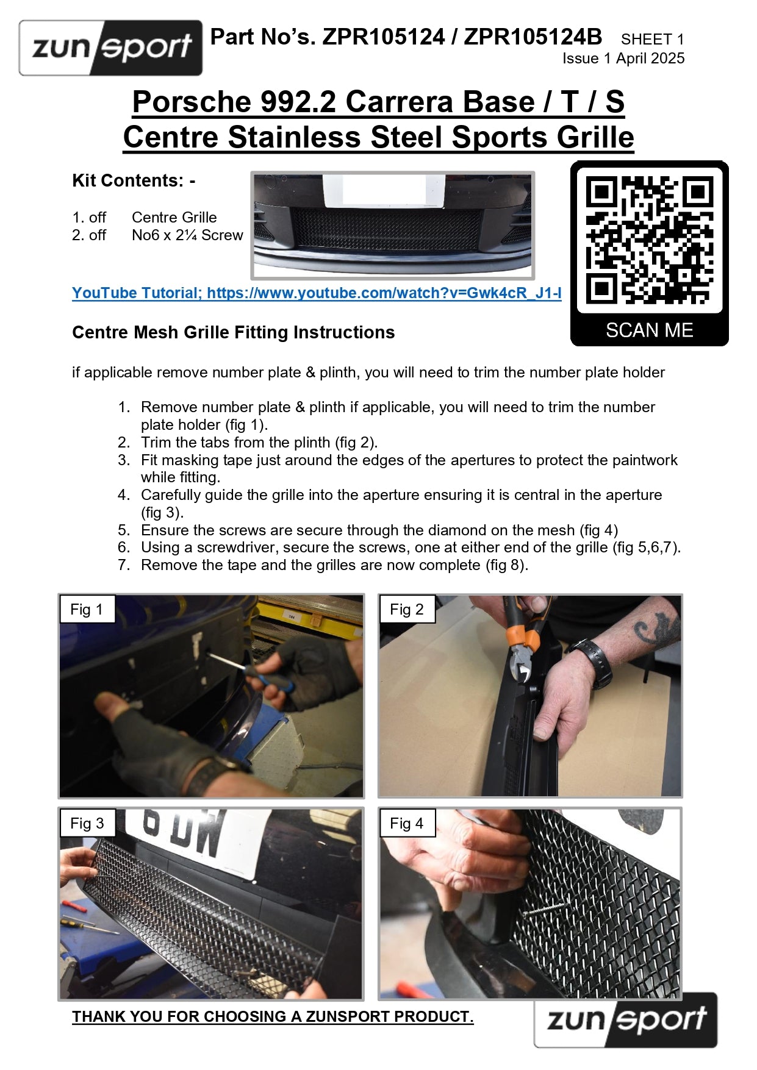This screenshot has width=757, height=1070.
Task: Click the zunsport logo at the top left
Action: tap(110, 48)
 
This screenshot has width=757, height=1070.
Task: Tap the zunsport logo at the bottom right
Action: tap(626, 1019)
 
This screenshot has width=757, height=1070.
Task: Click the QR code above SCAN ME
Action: tap(649, 240)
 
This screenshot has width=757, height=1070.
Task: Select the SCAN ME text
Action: tap(649, 330)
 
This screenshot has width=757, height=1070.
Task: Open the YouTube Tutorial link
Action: tap(317, 293)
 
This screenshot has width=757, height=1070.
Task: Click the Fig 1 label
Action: tap(87, 609)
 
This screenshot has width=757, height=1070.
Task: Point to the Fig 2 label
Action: tap(407, 609)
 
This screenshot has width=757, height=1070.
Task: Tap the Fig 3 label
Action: tap(87, 823)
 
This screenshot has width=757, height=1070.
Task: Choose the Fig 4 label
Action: tap(407, 823)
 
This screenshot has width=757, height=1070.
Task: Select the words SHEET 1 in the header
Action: tap(653, 39)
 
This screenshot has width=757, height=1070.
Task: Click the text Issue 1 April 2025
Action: tap(623, 59)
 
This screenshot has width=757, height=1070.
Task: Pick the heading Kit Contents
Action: tap(134, 180)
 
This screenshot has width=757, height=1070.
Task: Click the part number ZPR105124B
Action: tap(533, 37)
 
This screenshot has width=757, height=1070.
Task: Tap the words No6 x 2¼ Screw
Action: tap(187, 235)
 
